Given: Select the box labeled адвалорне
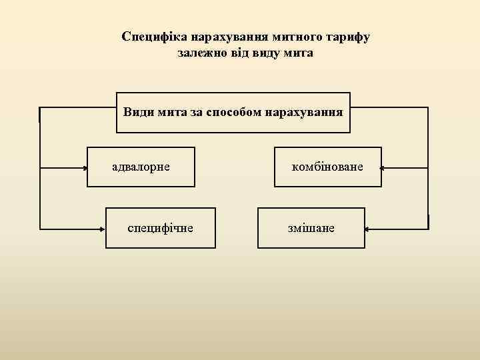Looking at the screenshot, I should (141, 167).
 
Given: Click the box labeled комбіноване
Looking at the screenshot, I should (328, 167).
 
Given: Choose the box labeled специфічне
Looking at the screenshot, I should (161, 228).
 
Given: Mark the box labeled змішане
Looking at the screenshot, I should (311, 228).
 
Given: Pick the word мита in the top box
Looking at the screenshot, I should (173, 112).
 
